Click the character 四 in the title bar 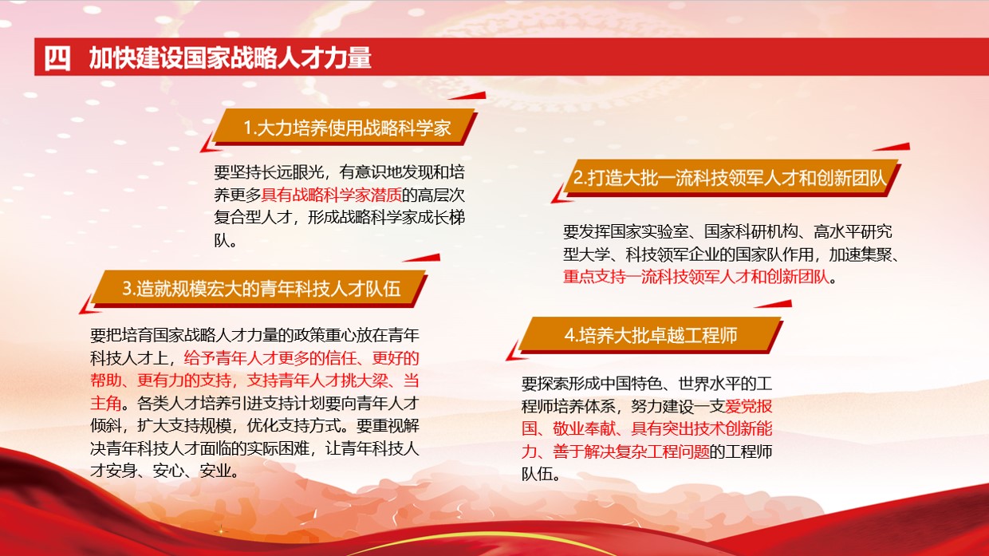coord(57,59)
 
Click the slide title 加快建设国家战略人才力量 coord(231,59)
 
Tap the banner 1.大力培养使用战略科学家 coord(347,128)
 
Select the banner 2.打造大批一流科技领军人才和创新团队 coord(730,178)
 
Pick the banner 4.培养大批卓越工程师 coord(651,335)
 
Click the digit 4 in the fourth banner coord(569,335)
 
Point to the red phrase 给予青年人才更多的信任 coord(266,357)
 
